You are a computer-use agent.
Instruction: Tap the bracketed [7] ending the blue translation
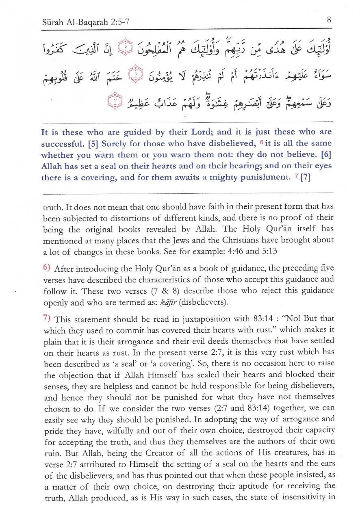[305, 178]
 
